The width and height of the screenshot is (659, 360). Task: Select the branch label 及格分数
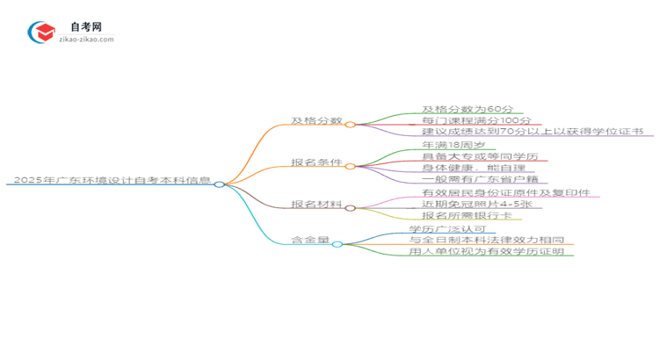316,120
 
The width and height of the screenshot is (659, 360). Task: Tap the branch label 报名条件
316,162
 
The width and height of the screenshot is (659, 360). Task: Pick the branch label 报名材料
316,205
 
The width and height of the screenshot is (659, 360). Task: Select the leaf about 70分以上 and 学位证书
532,131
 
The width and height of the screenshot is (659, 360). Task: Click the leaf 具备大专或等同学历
479,156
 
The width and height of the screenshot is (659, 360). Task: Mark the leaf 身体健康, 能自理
473,168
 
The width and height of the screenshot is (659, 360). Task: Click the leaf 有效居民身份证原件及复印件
505,192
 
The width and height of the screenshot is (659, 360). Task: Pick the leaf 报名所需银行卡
466,215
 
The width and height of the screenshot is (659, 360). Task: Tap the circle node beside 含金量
337,243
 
